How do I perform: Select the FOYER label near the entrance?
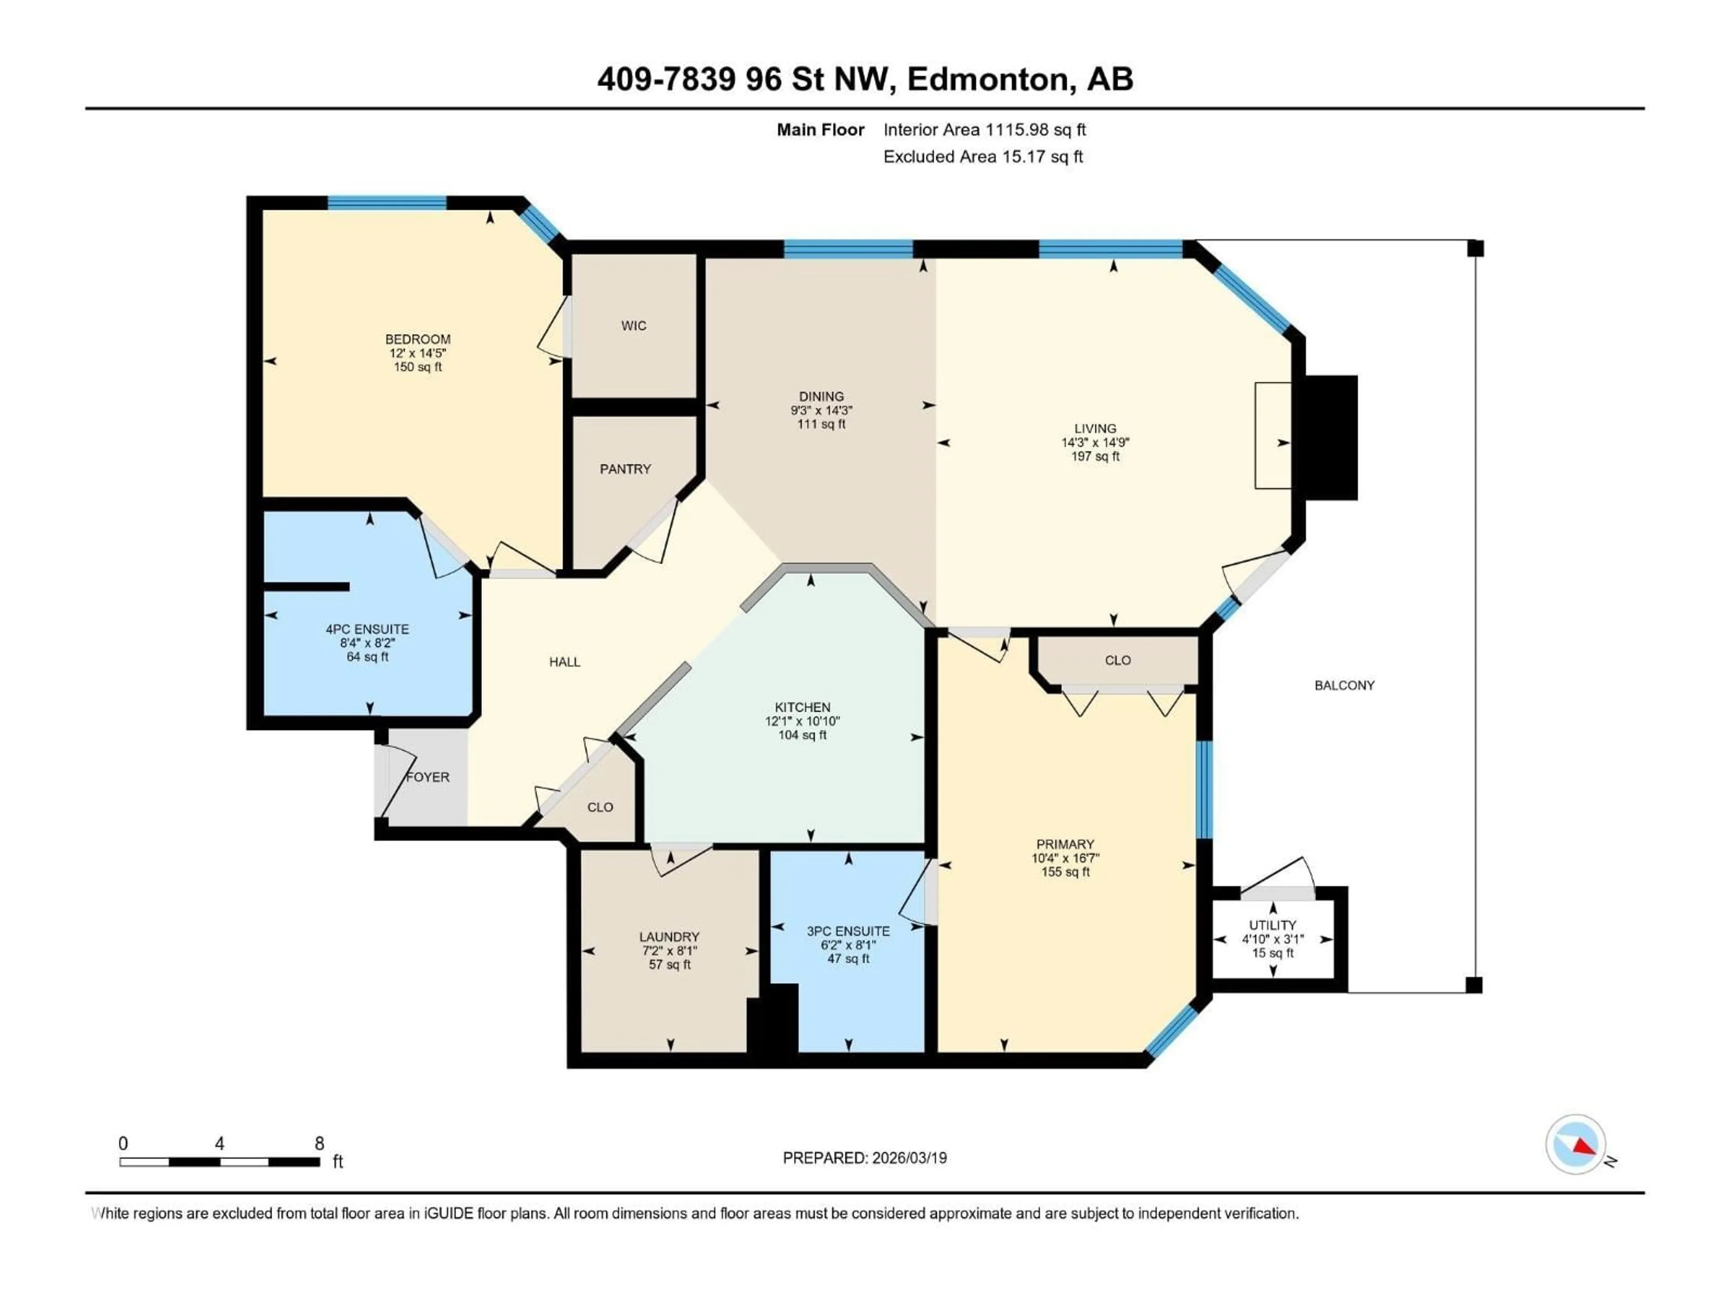[x=428, y=777]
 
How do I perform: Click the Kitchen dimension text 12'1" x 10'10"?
[x=802, y=721]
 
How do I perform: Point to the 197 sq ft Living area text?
[x=1095, y=456]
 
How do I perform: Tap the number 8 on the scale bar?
[x=319, y=1143]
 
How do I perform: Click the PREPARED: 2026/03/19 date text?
[x=865, y=1158]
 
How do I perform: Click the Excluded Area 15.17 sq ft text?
[x=983, y=156]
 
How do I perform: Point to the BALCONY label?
[x=1344, y=686]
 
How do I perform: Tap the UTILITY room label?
[x=1273, y=925]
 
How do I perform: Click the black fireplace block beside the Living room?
[x=1330, y=437]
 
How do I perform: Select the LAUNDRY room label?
[x=669, y=937]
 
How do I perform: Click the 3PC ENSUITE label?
[x=848, y=931]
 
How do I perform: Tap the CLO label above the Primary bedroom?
[x=1117, y=660]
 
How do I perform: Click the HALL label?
[x=564, y=662]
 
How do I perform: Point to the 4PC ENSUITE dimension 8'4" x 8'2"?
[x=367, y=642]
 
